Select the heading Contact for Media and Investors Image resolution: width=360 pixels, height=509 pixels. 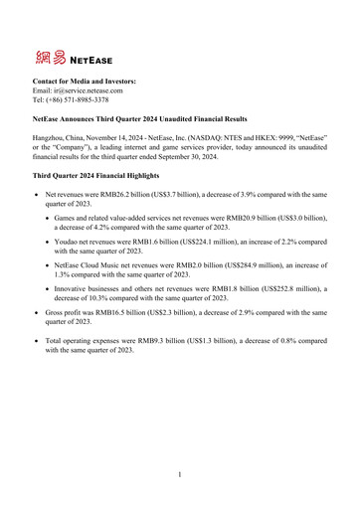coord(85,80)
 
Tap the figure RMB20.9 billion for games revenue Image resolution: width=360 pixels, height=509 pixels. coord(275,216)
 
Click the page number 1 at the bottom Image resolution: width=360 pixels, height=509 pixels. coord(180,474)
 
